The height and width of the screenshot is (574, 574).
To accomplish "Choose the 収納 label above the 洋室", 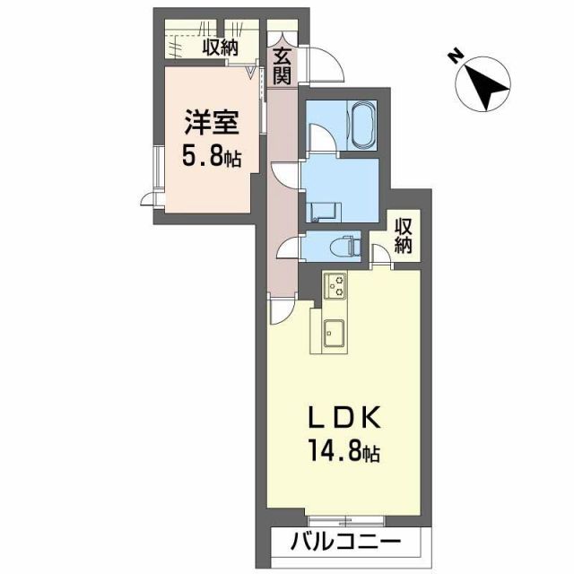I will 218,48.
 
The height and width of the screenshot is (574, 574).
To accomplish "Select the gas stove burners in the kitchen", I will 335,285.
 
